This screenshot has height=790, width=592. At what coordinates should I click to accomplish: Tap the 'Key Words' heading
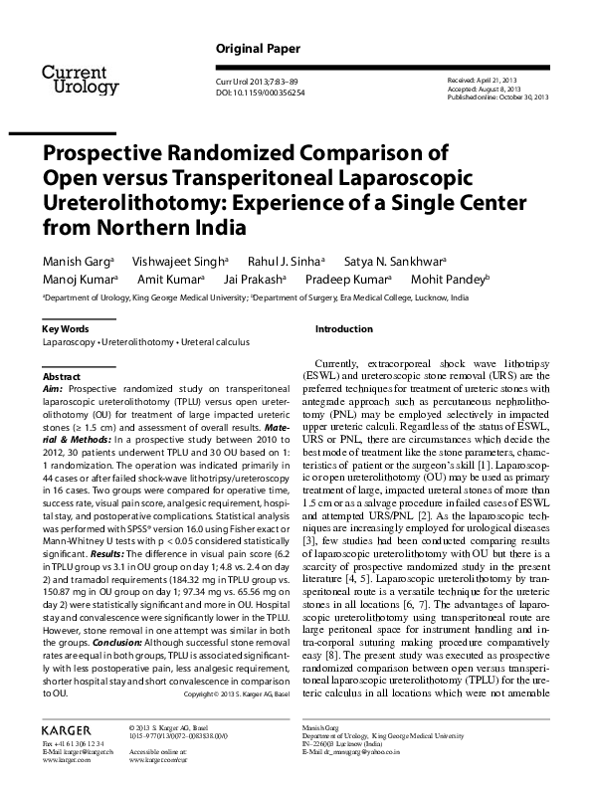coord(66,328)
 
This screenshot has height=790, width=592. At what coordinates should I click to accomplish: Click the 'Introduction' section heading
coord(343,328)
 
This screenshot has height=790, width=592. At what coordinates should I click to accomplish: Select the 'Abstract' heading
coord(62,378)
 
